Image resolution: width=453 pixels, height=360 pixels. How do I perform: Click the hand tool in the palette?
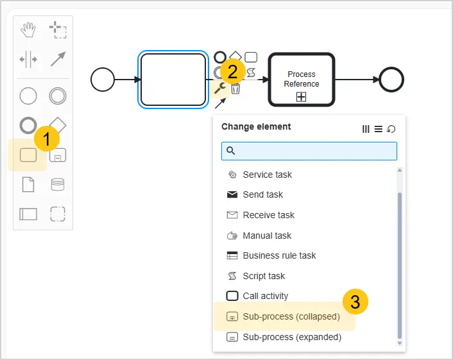click(x=28, y=30)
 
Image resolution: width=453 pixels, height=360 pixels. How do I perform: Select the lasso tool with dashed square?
click(x=58, y=30)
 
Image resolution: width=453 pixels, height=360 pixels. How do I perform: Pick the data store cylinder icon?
click(x=58, y=185)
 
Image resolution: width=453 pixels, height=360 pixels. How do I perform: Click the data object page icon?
click(x=28, y=185)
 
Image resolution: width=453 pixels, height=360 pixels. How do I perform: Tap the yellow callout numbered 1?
click(x=47, y=139)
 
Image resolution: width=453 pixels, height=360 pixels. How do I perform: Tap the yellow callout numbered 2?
click(x=232, y=71)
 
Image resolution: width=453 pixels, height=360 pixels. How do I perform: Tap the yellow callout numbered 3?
click(x=355, y=302)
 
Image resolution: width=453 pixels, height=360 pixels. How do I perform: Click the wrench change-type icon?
click(x=220, y=88)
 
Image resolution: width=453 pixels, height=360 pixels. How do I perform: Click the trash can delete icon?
click(x=235, y=89)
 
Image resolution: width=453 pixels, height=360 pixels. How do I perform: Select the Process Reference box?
click(x=302, y=80)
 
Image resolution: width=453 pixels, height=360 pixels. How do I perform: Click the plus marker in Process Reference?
click(x=302, y=97)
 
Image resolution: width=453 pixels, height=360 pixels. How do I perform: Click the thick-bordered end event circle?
click(x=391, y=80)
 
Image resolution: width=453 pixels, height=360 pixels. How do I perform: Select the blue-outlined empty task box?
click(x=173, y=80)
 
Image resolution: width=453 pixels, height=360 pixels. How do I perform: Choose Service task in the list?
click(x=267, y=175)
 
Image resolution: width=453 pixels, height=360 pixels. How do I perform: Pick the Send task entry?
click(x=262, y=194)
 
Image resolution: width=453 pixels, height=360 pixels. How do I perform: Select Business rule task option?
click(x=279, y=255)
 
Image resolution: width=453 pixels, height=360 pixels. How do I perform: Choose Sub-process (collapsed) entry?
click(x=291, y=316)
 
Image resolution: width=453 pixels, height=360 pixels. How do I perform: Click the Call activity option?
click(x=265, y=296)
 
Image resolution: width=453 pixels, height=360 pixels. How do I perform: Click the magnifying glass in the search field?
click(x=230, y=151)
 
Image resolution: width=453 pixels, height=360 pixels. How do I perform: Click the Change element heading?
click(x=256, y=126)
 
